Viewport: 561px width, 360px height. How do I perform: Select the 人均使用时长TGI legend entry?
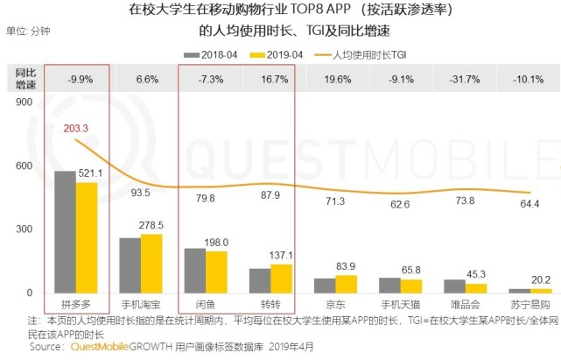373,53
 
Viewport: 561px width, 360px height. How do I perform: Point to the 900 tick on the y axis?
23,102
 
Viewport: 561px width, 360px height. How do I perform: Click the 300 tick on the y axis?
23,229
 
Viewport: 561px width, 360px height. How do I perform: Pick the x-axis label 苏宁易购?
529,304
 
